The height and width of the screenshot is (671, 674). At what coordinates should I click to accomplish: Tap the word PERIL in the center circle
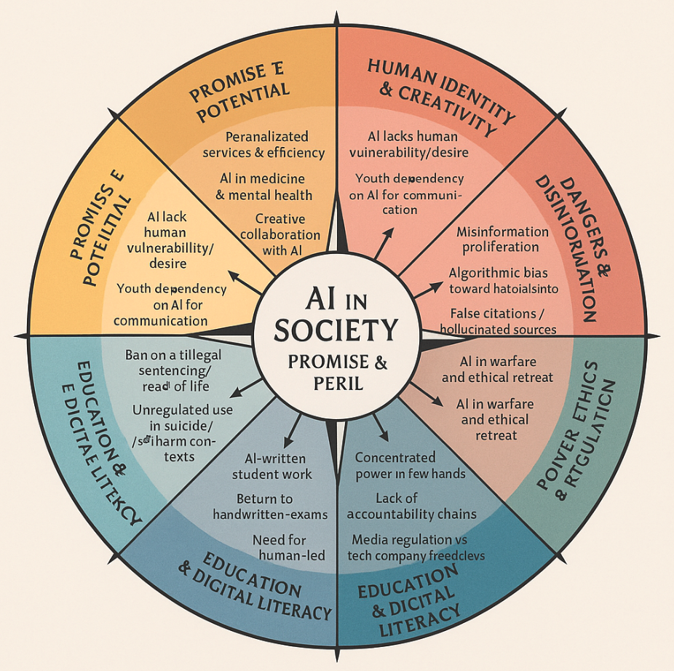click(x=336, y=383)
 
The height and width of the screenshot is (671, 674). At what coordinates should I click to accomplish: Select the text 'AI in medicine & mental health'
click(x=266, y=186)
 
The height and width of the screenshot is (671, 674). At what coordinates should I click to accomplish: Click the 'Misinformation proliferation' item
click(x=502, y=239)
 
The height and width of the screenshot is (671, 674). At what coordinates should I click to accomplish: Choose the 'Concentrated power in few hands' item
click(x=410, y=466)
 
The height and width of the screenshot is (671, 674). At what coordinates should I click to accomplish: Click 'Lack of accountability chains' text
click(x=411, y=506)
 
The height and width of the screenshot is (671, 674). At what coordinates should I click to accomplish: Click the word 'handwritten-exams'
click(x=270, y=515)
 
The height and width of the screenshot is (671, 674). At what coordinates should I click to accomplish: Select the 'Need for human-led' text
click(x=279, y=548)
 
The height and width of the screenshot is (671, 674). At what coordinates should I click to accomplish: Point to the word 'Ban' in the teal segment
click(x=137, y=355)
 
